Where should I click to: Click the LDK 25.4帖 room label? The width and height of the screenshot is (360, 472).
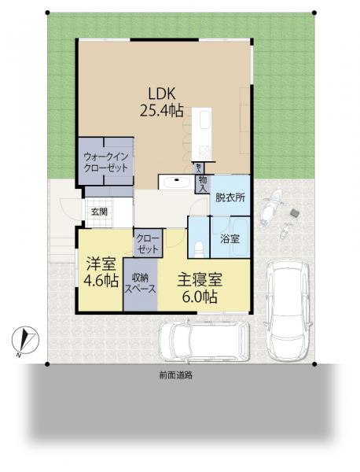162,102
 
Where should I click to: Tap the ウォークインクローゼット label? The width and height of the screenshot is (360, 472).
106,162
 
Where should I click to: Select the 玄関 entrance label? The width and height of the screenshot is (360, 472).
99,212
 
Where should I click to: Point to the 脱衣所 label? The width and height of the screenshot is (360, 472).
230,197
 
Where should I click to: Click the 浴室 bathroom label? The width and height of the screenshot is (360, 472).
230,238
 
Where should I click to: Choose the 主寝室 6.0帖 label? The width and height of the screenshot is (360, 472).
200,288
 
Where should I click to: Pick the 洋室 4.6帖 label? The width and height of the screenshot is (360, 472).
101,272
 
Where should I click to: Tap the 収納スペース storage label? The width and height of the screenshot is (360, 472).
141,283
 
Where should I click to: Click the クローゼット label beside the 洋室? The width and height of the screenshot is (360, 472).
147,244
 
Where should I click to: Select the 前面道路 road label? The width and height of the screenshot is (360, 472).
176,375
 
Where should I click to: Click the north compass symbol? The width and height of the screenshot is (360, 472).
25,341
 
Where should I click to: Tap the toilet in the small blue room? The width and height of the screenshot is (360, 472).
199,249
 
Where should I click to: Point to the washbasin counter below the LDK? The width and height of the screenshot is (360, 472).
176,182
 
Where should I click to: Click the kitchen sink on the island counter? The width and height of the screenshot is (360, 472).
205,120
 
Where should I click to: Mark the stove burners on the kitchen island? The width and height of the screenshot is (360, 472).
205,153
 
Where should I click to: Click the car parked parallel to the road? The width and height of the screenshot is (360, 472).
204,341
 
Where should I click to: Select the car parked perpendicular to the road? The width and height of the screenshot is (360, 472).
288,309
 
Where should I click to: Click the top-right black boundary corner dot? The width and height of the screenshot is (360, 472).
314,13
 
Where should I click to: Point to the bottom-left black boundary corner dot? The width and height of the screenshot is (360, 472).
47,364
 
